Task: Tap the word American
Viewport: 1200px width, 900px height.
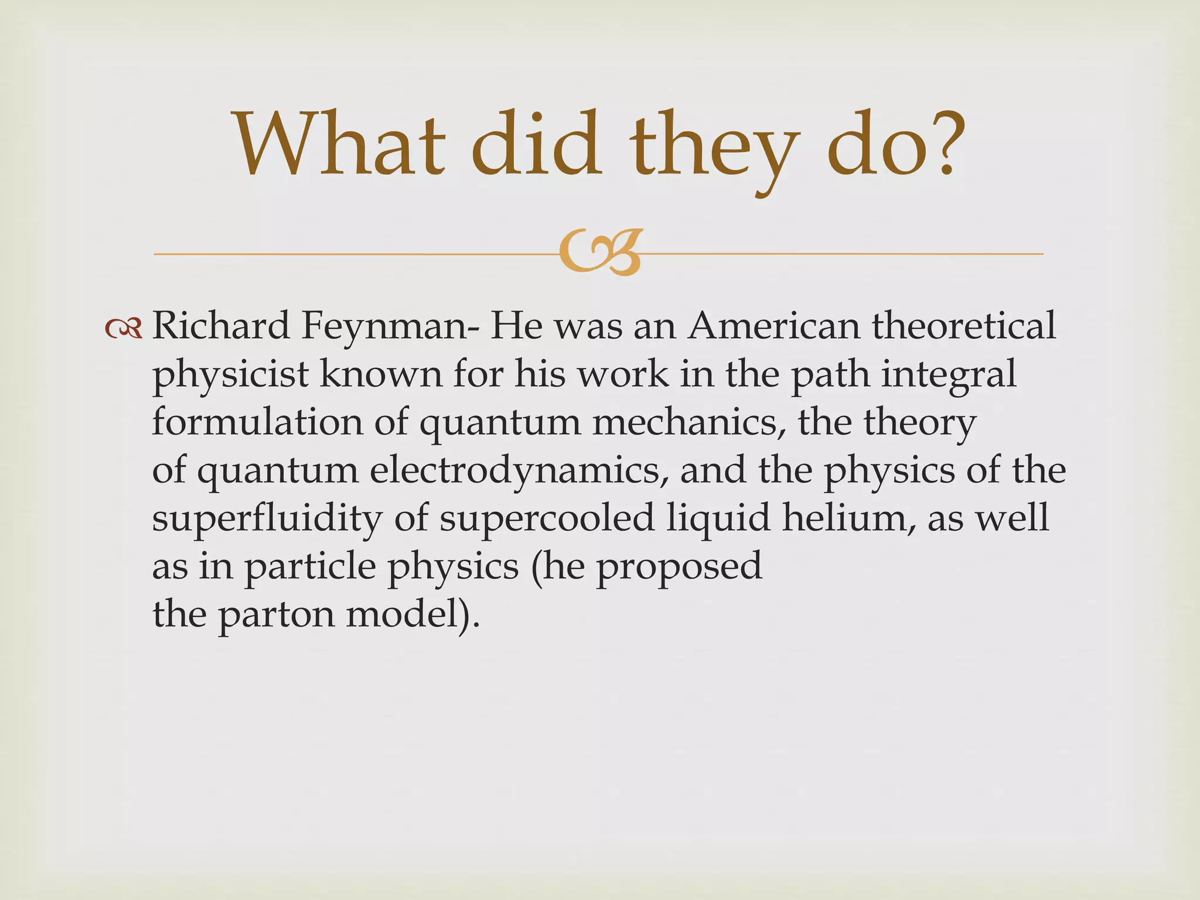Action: (x=773, y=326)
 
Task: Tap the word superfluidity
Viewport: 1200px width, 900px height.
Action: (x=267, y=519)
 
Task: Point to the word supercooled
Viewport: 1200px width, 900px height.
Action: (x=546, y=519)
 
